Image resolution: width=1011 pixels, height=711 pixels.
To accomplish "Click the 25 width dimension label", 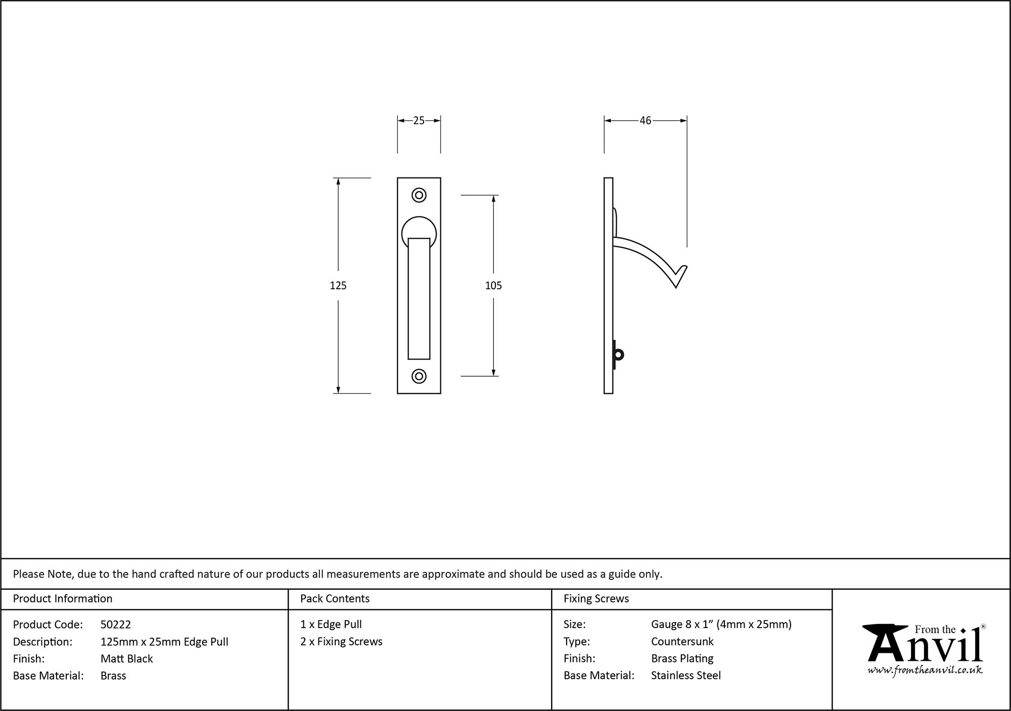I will pyautogui.click(x=419, y=120).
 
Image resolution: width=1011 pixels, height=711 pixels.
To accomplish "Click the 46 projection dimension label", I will pyautogui.click(x=645, y=120).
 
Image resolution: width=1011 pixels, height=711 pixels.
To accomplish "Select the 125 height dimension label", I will pyautogui.click(x=338, y=285).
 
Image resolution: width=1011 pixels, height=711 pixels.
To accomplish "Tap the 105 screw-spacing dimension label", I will pyautogui.click(x=493, y=285).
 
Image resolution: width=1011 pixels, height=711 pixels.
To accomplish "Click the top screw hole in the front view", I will pyautogui.click(x=419, y=195).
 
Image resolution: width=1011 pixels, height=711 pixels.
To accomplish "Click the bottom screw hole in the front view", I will pyautogui.click(x=419, y=376).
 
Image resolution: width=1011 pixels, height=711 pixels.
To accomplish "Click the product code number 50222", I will pyautogui.click(x=115, y=625).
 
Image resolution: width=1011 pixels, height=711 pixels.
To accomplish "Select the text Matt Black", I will pyautogui.click(x=126, y=658).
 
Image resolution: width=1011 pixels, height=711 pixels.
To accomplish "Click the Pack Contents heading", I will pyautogui.click(x=335, y=599).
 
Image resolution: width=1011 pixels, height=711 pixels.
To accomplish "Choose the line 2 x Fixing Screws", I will pyautogui.click(x=341, y=641).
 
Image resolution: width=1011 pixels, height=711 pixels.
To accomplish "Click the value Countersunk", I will pyautogui.click(x=682, y=641).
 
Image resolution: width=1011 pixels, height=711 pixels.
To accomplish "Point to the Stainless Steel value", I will pyautogui.click(x=685, y=675).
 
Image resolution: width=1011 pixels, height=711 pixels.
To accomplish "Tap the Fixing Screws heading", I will pyautogui.click(x=596, y=599).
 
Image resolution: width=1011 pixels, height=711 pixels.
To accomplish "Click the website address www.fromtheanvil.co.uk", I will pyautogui.click(x=925, y=670).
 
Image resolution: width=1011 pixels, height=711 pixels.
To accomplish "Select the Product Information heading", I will pyautogui.click(x=63, y=599).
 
